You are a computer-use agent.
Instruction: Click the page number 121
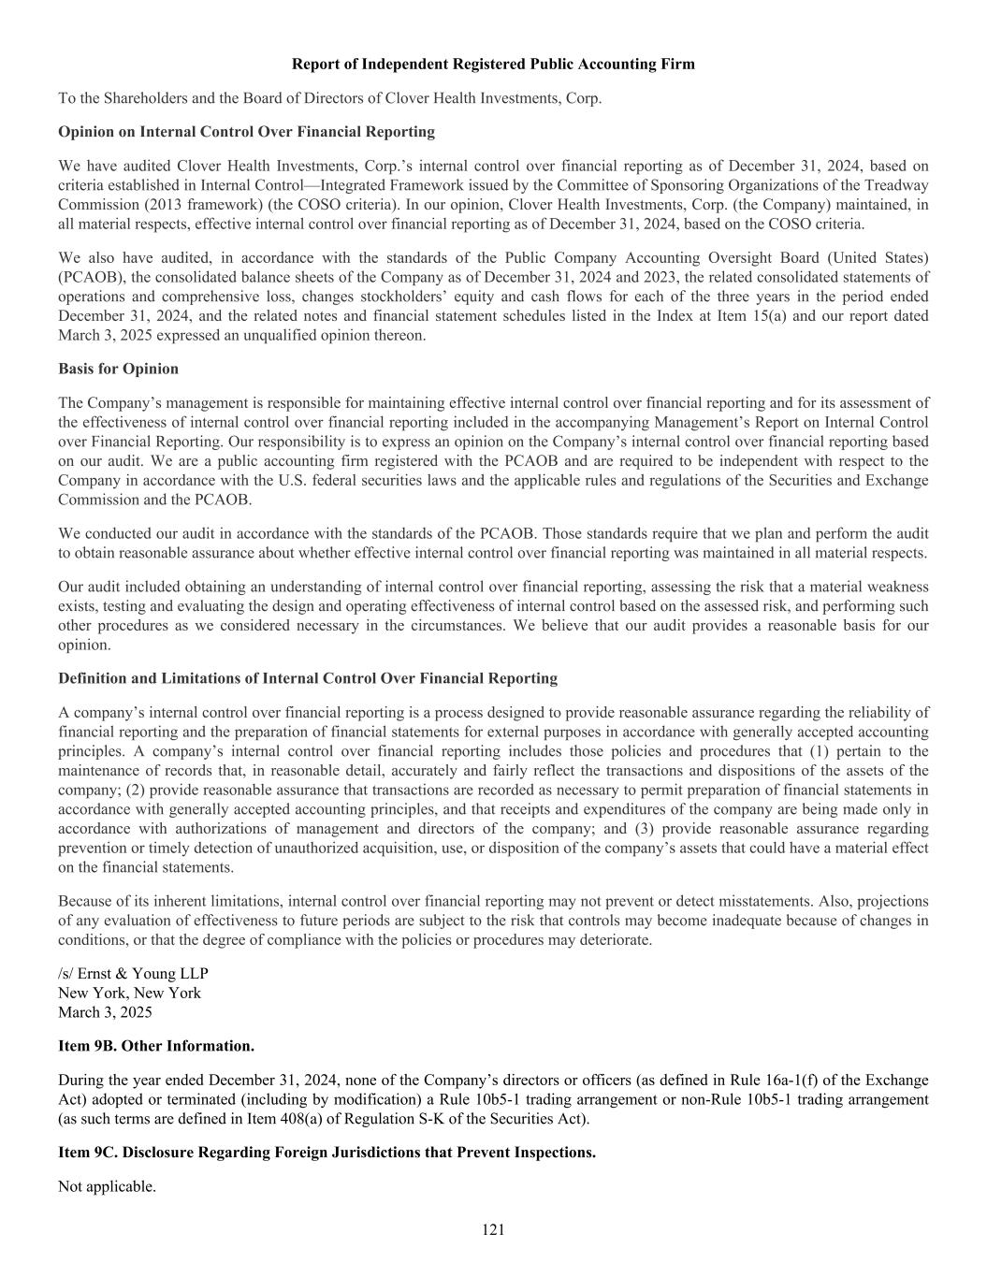click(493, 1229)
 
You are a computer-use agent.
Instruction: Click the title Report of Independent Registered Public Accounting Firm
click(493, 64)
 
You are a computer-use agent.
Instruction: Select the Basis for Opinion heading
click(118, 369)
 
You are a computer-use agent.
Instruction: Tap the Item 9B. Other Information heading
click(156, 1045)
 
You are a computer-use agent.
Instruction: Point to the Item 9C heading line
click(327, 1152)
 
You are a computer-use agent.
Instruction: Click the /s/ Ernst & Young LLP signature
click(133, 973)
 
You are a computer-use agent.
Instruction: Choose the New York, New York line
click(129, 993)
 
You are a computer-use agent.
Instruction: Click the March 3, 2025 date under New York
click(105, 1012)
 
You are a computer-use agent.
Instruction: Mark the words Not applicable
click(107, 1186)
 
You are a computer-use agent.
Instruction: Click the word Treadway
click(898, 185)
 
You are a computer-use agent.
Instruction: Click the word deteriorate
click(612, 939)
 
